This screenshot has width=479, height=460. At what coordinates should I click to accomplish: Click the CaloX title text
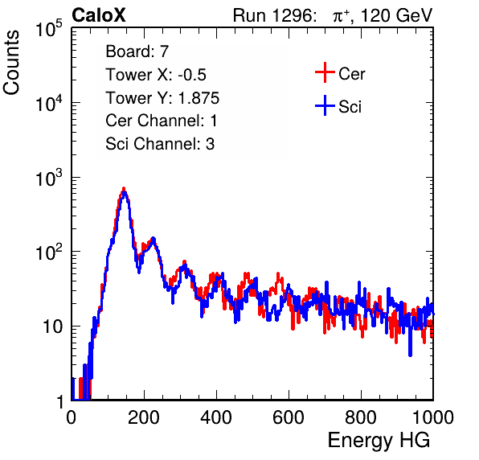click(98, 15)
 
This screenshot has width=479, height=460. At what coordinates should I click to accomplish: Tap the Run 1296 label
click(274, 15)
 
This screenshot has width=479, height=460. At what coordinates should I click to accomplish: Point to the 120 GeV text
click(397, 15)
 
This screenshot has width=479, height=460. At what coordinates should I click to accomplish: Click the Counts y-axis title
click(11, 63)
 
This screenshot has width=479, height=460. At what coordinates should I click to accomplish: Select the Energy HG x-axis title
click(379, 441)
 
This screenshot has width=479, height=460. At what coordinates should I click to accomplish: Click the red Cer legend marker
click(325, 72)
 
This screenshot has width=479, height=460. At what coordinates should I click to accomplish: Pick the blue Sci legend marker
click(325, 105)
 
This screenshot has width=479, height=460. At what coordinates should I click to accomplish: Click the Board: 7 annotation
click(137, 51)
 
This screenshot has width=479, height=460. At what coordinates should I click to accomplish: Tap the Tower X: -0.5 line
click(156, 75)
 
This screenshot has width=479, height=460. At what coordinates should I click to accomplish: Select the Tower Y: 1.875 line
click(162, 98)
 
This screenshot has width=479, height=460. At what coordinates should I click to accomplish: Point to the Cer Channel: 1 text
click(162, 121)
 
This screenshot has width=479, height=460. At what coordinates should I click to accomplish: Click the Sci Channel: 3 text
click(160, 144)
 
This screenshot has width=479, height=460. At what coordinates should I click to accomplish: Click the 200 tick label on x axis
click(144, 417)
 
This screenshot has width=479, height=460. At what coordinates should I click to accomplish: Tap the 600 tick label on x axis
click(289, 417)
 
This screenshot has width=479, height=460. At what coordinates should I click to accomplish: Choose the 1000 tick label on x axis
click(433, 417)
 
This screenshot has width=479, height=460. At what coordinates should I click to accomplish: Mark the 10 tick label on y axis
click(52, 327)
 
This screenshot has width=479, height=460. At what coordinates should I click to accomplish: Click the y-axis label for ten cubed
click(49, 179)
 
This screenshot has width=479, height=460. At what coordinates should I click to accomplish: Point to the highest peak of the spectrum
click(124, 190)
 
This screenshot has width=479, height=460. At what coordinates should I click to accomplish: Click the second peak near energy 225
click(153, 239)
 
